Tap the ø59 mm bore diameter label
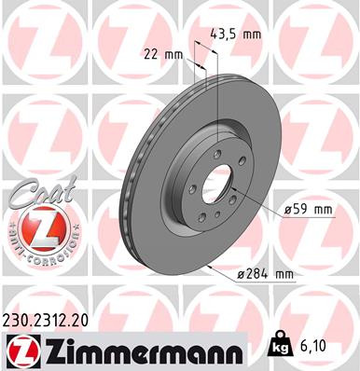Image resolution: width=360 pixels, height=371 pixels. coord(308,209)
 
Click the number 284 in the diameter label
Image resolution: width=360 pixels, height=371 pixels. coord(260,273)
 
